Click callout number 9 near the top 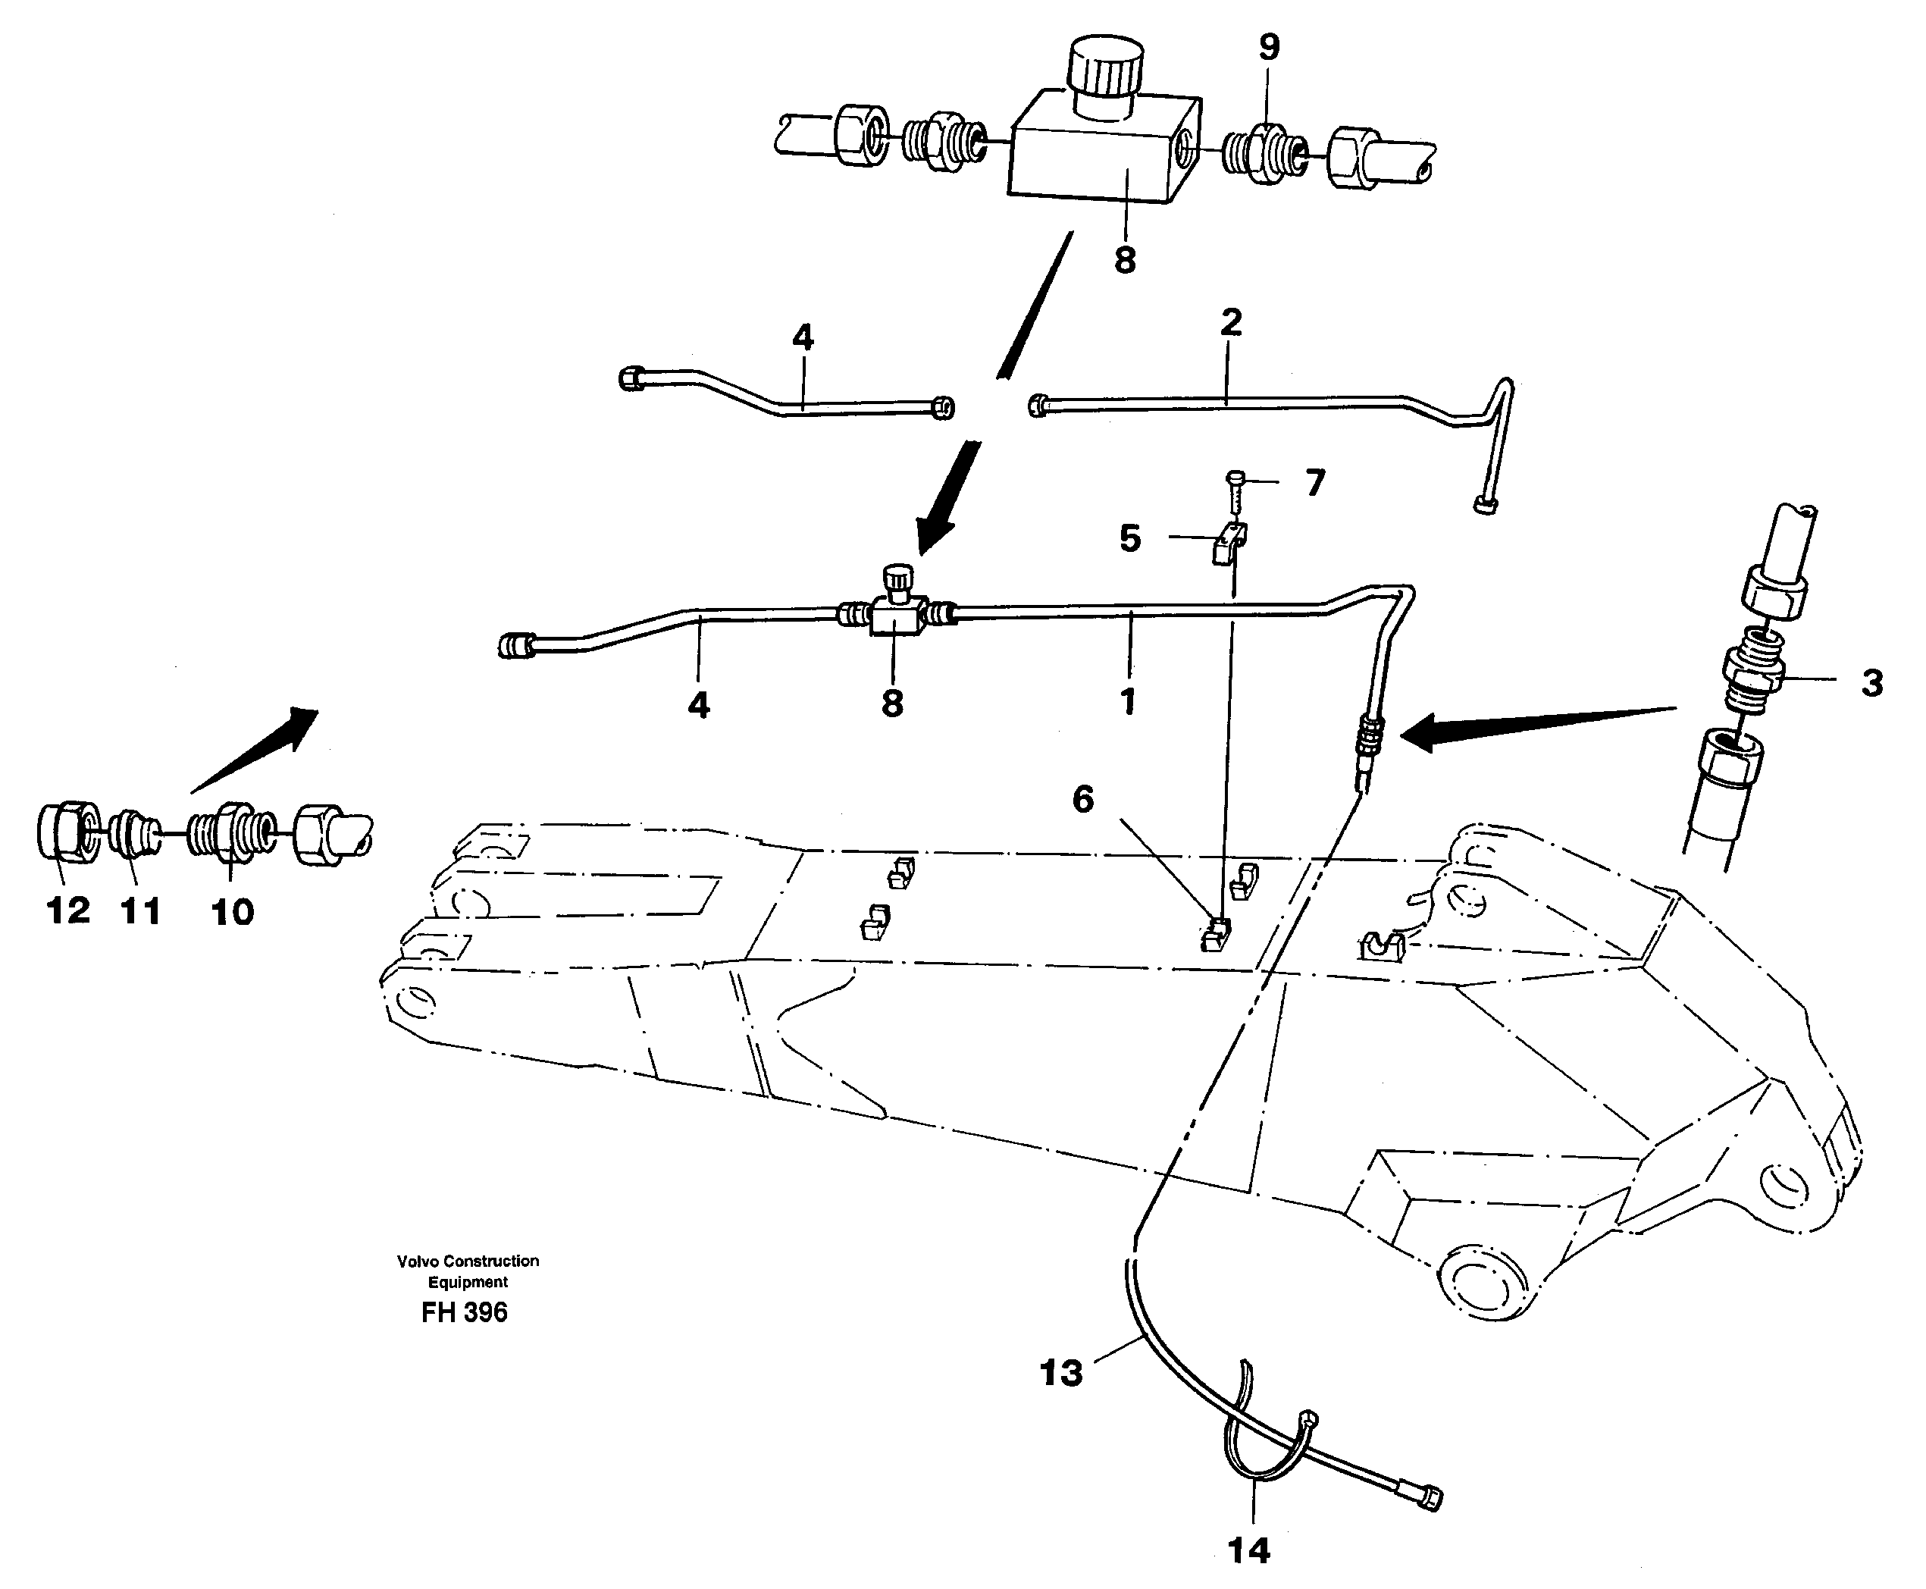coord(1268,48)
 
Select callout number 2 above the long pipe coord(1231,323)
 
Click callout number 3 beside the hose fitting coord(1872,683)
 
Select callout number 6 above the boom coord(1082,799)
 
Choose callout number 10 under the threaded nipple coord(233,912)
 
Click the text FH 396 coord(464,1312)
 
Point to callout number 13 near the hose coord(1060,1373)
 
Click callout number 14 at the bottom coord(1249,1550)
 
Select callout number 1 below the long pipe coord(1128,702)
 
